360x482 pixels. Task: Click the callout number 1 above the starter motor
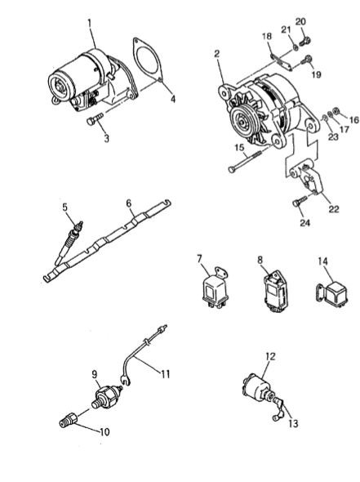90,24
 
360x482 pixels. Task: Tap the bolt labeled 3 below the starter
96,119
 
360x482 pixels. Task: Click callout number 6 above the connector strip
129,203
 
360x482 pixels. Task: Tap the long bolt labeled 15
245,160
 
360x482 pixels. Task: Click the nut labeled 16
336,110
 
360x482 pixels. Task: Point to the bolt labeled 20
305,42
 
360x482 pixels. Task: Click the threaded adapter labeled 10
69,420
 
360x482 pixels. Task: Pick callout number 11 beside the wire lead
165,374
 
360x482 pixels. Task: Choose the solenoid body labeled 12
256,387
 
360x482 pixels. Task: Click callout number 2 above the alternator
217,54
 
